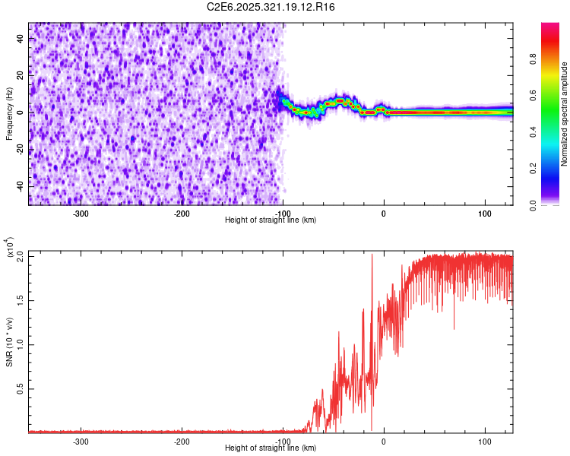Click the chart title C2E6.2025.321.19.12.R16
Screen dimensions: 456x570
[271, 7]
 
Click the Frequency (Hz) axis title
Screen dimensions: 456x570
[10, 114]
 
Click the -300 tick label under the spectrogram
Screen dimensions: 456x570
[81, 213]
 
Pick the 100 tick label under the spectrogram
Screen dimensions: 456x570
[484, 213]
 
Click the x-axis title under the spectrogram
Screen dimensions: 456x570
[271, 220]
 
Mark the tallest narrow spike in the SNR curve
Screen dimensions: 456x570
[372, 255]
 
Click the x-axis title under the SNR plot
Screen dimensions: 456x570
[271, 448]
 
